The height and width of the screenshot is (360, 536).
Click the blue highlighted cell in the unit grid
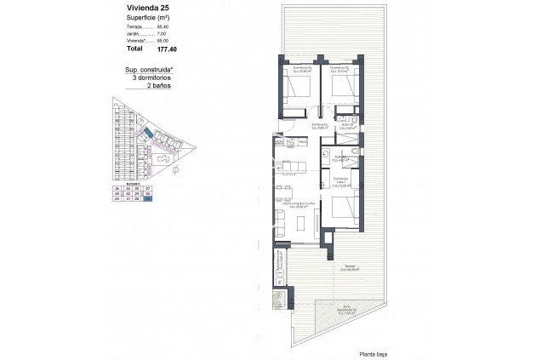pos(147,198)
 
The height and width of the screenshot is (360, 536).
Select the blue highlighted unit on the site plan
pos(148,134)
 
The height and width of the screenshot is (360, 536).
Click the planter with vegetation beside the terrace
pos(279,303)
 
